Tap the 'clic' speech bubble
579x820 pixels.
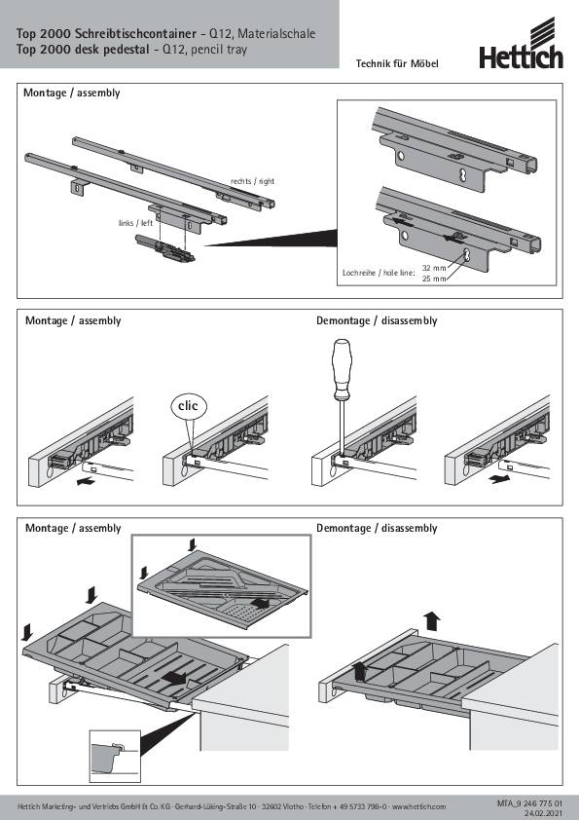(x=188, y=406)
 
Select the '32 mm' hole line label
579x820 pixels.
(x=434, y=268)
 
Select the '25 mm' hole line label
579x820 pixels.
(x=434, y=279)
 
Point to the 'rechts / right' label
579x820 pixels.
(x=252, y=181)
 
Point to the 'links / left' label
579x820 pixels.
(x=135, y=223)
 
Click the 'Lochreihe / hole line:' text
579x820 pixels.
(x=379, y=273)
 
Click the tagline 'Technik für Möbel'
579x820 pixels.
(x=397, y=64)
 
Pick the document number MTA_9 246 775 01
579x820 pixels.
(x=530, y=802)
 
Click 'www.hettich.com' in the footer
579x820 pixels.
(x=419, y=806)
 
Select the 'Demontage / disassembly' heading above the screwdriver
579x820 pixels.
(x=377, y=321)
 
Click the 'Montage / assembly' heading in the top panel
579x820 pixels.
(x=72, y=93)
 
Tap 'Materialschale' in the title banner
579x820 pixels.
(x=276, y=33)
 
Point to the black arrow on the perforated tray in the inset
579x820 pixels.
(x=260, y=603)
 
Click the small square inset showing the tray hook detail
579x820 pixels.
(x=115, y=756)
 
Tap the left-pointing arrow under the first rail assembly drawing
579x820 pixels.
(x=86, y=481)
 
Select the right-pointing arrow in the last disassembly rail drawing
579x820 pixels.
(x=500, y=478)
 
